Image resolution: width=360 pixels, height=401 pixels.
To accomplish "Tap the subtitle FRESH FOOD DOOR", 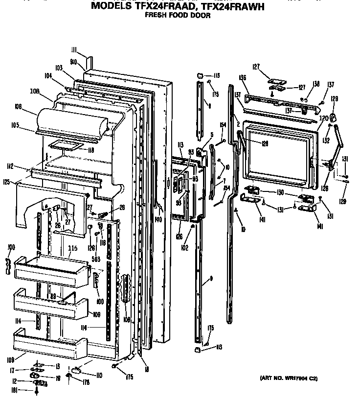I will (x=178, y=16).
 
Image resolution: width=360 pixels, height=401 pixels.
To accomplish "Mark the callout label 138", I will (x=316, y=84).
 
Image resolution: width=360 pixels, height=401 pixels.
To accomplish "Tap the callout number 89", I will (x=53, y=296).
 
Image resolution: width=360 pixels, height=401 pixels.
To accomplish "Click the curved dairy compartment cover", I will (x=73, y=121).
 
